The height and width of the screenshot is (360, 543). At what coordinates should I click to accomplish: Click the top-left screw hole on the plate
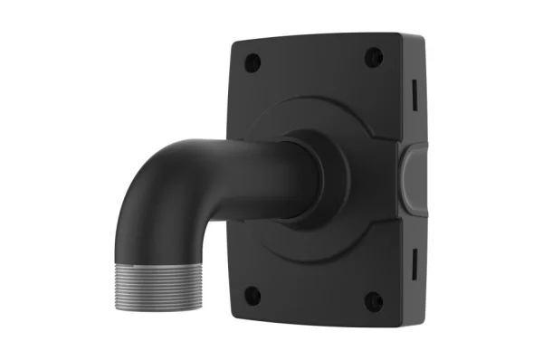[x=253, y=62]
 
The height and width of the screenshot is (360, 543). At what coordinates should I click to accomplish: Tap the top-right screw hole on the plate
[x=373, y=58]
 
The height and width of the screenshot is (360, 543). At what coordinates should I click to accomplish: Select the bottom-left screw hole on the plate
[x=253, y=293]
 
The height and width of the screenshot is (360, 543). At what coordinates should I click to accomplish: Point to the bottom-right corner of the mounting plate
[x=398, y=326]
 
